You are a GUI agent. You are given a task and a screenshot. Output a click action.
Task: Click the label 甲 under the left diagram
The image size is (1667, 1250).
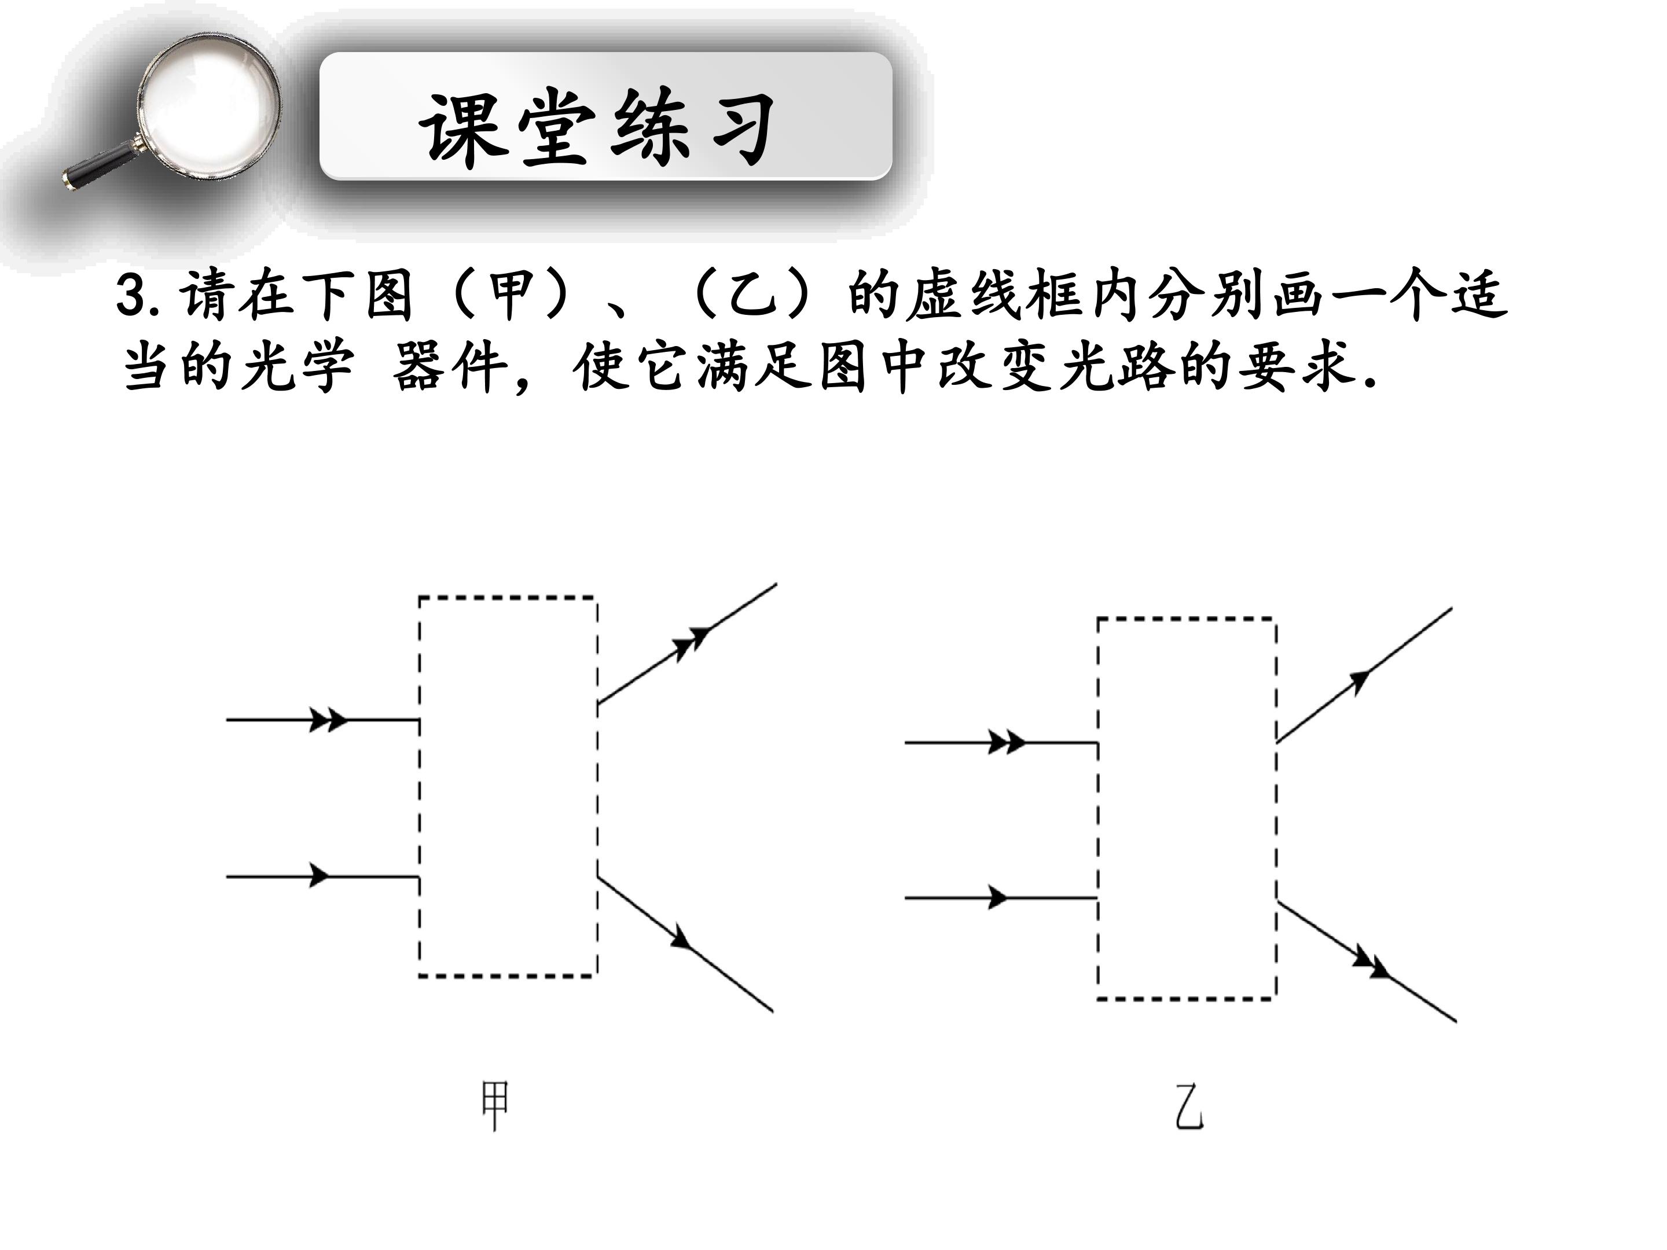tap(495, 1105)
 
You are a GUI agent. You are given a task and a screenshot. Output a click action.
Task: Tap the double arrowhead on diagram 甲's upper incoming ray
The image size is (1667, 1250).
tap(329, 719)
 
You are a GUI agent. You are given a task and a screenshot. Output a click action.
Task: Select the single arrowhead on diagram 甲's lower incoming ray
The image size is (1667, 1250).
tap(320, 876)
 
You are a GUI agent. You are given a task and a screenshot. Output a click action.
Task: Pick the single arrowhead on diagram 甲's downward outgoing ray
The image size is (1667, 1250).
tap(682, 938)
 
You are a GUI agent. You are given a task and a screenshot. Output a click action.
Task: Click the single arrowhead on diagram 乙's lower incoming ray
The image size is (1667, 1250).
tap(998, 898)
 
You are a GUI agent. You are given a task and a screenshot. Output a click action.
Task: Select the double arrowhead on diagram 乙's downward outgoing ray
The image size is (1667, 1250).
tap(1372, 965)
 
